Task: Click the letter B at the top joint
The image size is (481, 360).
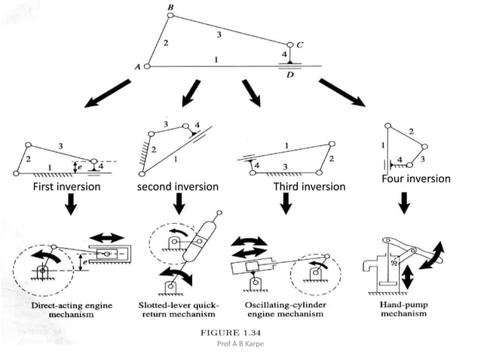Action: point(170,8)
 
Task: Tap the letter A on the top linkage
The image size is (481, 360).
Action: point(138,67)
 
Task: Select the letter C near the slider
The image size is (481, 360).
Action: point(301,44)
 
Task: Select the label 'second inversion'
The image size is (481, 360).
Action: point(177,186)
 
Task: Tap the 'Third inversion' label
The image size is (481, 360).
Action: point(309,186)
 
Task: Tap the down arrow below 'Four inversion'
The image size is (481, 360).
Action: point(406,201)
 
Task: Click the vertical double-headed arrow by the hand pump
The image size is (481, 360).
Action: point(407,275)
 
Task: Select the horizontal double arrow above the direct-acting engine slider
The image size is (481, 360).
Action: point(107,236)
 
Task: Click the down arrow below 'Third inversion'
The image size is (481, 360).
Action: point(286,203)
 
